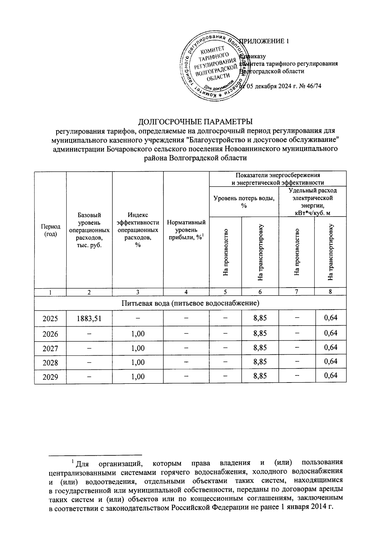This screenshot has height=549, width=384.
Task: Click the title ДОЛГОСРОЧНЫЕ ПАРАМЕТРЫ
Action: pos(195,122)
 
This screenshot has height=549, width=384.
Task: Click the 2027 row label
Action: pos(50,348)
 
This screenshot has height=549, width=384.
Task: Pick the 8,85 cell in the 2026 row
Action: pos(260,333)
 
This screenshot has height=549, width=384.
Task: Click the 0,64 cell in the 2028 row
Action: pos(331,361)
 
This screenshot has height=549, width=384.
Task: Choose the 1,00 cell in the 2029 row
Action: pos(138,376)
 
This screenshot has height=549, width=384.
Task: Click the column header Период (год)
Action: pos(50,230)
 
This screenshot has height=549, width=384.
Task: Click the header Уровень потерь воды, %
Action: pos(244,202)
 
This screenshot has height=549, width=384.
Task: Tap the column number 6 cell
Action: pos(260,291)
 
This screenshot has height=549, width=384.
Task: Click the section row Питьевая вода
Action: pos(190,303)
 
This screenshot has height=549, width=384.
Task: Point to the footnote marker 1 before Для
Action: pos(73,461)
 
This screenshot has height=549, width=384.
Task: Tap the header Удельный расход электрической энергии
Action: pos(313,202)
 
